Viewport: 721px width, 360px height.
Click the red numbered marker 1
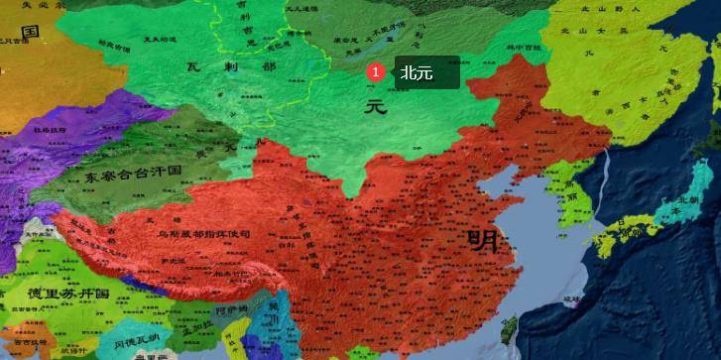(375, 71)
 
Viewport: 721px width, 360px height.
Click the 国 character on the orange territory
(30, 32)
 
